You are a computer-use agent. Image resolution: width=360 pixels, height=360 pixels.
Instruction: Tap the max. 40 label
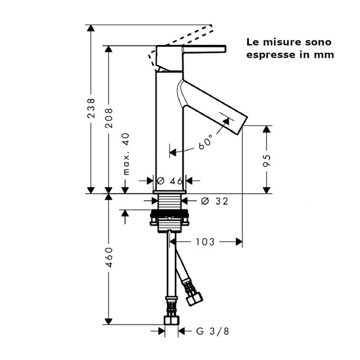[x=126, y=154]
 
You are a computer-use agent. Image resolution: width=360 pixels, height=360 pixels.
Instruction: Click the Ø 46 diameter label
[x=169, y=181]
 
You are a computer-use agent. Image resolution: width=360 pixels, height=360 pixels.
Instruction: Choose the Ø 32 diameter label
[x=214, y=201]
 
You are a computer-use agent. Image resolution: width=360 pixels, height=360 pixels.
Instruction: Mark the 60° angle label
[x=206, y=143]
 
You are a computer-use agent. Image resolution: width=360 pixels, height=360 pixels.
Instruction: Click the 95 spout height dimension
[x=267, y=160]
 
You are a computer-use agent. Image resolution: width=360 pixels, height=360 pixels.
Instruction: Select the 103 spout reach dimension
[x=205, y=242]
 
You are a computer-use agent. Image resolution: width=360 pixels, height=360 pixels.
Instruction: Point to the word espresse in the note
[x=271, y=55]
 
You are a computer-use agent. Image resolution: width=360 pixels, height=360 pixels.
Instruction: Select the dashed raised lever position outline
[x=186, y=37]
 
